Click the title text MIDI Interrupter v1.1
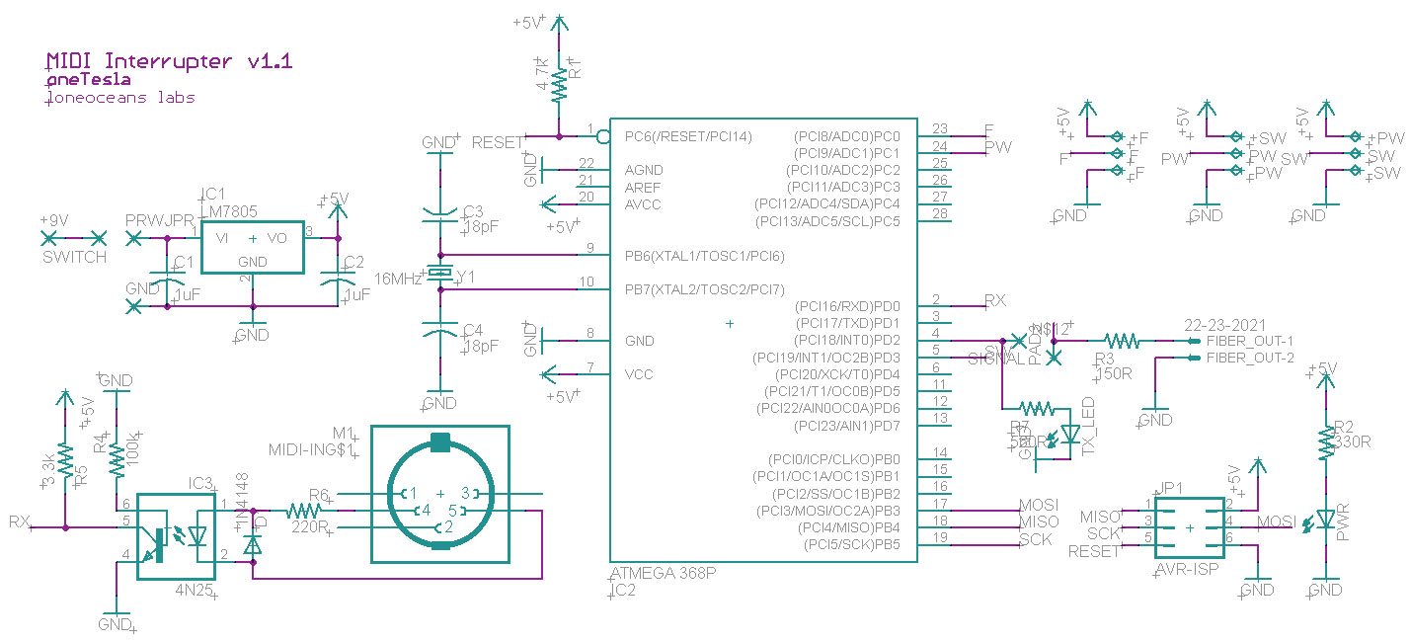(x=169, y=61)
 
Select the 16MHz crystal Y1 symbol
(x=438, y=274)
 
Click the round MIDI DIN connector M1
(x=439, y=494)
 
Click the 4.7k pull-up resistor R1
(x=559, y=83)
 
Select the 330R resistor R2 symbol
(x=1324, y=444)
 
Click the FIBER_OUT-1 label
(x=1249, y=341)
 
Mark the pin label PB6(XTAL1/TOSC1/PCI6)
(x=704, y=257)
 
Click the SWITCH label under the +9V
(x=74, y=258)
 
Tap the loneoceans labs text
(x=120, y=98)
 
